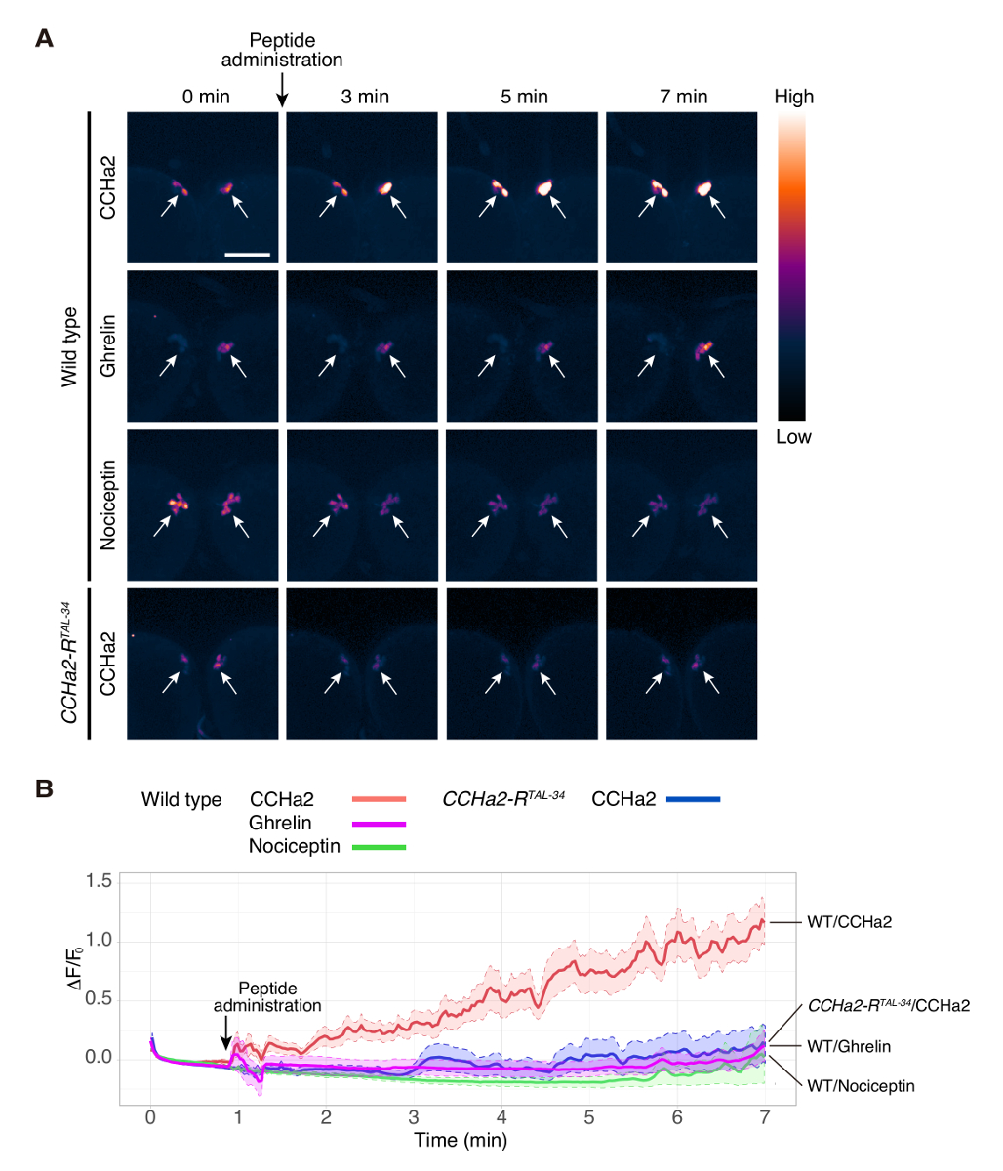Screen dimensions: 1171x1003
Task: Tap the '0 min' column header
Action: (205, 97)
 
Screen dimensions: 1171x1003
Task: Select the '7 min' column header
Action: (683, 97)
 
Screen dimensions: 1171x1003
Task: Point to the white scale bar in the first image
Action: (247, 254)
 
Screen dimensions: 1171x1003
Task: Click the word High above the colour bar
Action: (793, 97)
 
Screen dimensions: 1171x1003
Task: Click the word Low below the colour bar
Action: (793, 437)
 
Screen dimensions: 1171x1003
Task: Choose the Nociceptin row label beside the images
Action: (108, 504)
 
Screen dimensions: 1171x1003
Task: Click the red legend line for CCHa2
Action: (379, 800)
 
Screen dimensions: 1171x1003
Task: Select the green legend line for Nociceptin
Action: (379, 846)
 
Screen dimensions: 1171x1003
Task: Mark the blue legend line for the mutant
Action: (694, 800)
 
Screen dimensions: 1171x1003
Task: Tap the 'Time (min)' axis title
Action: (461, 1139)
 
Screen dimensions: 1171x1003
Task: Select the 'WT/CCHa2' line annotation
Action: (849, 921)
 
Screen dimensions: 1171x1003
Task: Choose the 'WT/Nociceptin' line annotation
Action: (861, 1085)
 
